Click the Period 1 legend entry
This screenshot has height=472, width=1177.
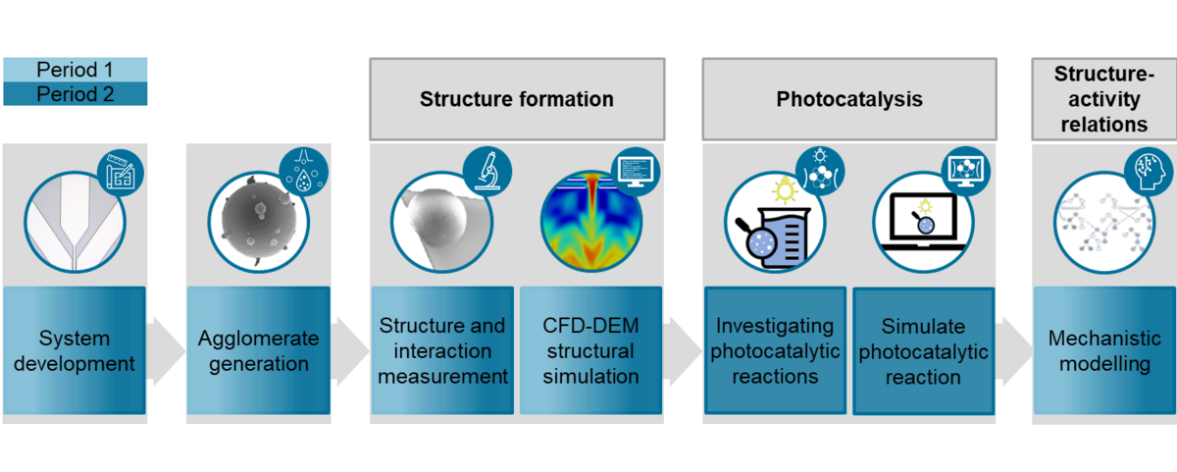(x=75, y=70)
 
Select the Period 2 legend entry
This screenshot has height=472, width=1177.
(x=75, y=94)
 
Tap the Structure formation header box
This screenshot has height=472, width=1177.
(x=517, y=99)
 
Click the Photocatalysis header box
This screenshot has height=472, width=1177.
(x=849, y=99)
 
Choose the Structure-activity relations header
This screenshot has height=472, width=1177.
(x=1103, y=99)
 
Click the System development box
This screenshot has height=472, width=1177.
(x=75, y=350)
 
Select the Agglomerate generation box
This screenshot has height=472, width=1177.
(x=258, y=350)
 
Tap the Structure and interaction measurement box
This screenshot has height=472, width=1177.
(x=442, y=350)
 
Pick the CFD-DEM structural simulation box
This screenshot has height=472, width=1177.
(x=589, y=350)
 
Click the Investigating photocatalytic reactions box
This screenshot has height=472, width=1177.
(x=775, y=350)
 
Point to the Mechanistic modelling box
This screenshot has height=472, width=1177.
(x=1104, y=350)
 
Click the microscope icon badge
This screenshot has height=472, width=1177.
(x=486, y=170)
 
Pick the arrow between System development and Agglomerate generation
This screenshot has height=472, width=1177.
(x=166, y=350)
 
